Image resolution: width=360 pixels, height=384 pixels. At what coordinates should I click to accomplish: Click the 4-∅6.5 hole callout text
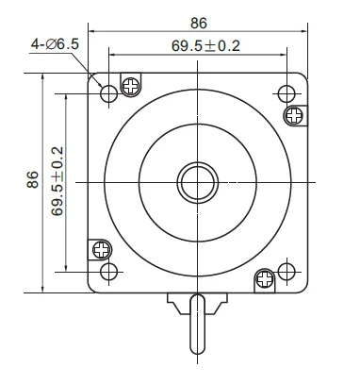click(x=55, y=44)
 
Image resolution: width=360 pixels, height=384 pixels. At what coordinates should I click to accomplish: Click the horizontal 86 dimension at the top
click(x=199, y=24)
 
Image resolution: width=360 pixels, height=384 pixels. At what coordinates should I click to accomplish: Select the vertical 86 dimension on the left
click(x=32, y=179)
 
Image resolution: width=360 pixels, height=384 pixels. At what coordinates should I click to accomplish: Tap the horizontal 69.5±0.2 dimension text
click(x=205, y=46)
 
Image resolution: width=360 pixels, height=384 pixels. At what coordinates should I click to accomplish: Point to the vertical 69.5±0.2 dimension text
click(x=57, y=181)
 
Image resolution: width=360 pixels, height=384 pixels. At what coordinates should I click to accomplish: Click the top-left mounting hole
click(x=108, y=93)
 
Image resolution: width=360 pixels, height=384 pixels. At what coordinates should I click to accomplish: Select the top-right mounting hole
click(x=286, y=93)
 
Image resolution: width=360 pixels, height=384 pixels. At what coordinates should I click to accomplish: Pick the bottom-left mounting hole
click(x=108, y=272)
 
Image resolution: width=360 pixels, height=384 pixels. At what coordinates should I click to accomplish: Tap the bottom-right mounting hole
click(x=286, y=272)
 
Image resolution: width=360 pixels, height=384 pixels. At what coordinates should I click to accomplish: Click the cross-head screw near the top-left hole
click(x=131, y=86)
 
